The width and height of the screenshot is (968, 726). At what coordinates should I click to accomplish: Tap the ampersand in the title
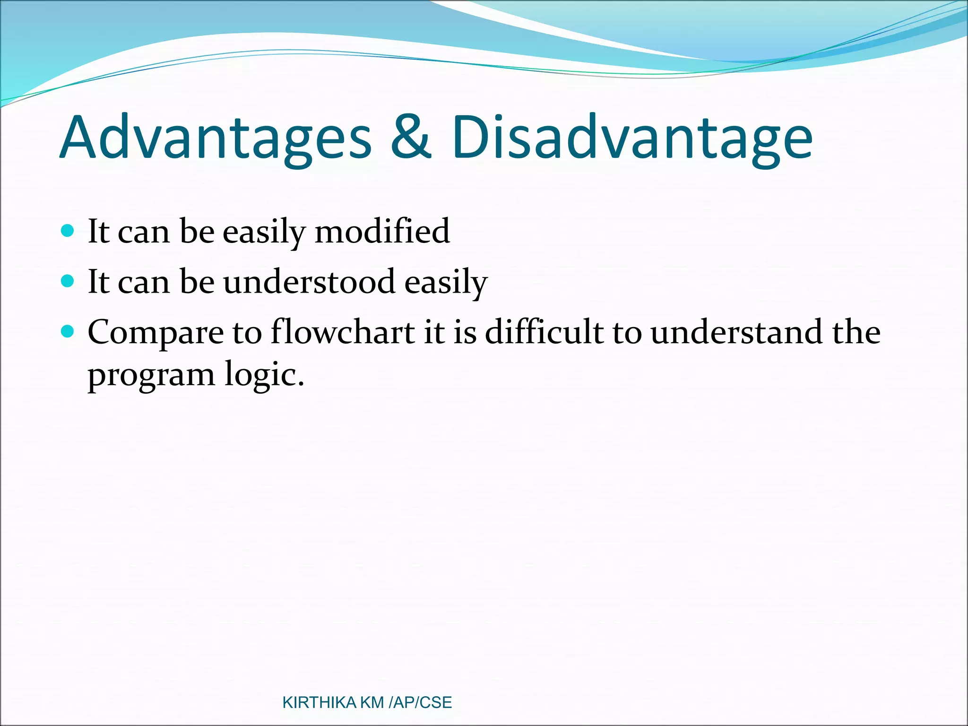click(x=410, y=137)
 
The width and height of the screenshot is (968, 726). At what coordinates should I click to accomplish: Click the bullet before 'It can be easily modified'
click(x=68, y=231)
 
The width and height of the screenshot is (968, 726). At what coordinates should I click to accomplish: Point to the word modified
click(x=382, y=232)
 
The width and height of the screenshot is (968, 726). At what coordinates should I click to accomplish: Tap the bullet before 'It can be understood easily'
click(x=68, y=281)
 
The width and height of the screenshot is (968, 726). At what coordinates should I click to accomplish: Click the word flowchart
click(x=342, y=332)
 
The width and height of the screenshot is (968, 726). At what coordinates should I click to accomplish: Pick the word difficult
click(x=544, y=332)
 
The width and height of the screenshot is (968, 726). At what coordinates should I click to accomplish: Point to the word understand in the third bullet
click(x=736, y=332)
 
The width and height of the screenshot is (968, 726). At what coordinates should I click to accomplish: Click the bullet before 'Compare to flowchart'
click(x=68, y=332)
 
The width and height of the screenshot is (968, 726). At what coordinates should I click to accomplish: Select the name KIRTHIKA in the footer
click(x=319, y=703)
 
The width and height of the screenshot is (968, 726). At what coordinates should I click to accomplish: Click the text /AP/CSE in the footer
click(x=420, y=703)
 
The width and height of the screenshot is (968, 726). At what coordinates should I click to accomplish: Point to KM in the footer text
click(x=372, y=703)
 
